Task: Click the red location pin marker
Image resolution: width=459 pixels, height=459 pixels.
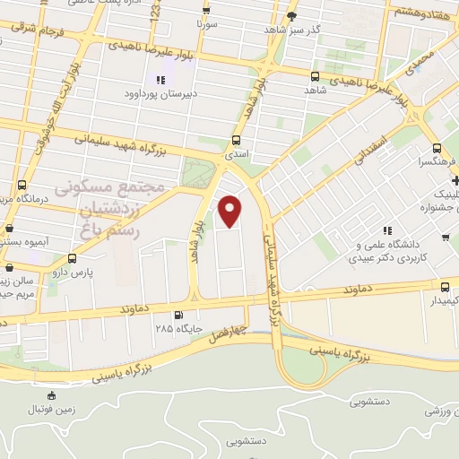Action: tap(231, 212)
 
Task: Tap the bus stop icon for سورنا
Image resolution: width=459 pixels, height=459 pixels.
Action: tap(206, 11)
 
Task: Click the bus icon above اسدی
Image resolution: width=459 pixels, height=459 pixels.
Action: tap(236, 140)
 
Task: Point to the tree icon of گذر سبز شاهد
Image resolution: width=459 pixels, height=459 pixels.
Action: tap(290, 15)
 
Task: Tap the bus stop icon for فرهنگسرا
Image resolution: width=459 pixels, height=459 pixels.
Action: tap(436, 149)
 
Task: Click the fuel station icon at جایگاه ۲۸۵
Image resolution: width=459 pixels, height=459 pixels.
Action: tap(178, 315)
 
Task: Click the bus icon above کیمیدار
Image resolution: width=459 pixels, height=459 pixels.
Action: tap(446, 286)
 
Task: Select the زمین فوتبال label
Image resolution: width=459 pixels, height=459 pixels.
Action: tap(52, 408)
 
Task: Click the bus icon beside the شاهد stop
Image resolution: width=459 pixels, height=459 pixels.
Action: tap(314, 76)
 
